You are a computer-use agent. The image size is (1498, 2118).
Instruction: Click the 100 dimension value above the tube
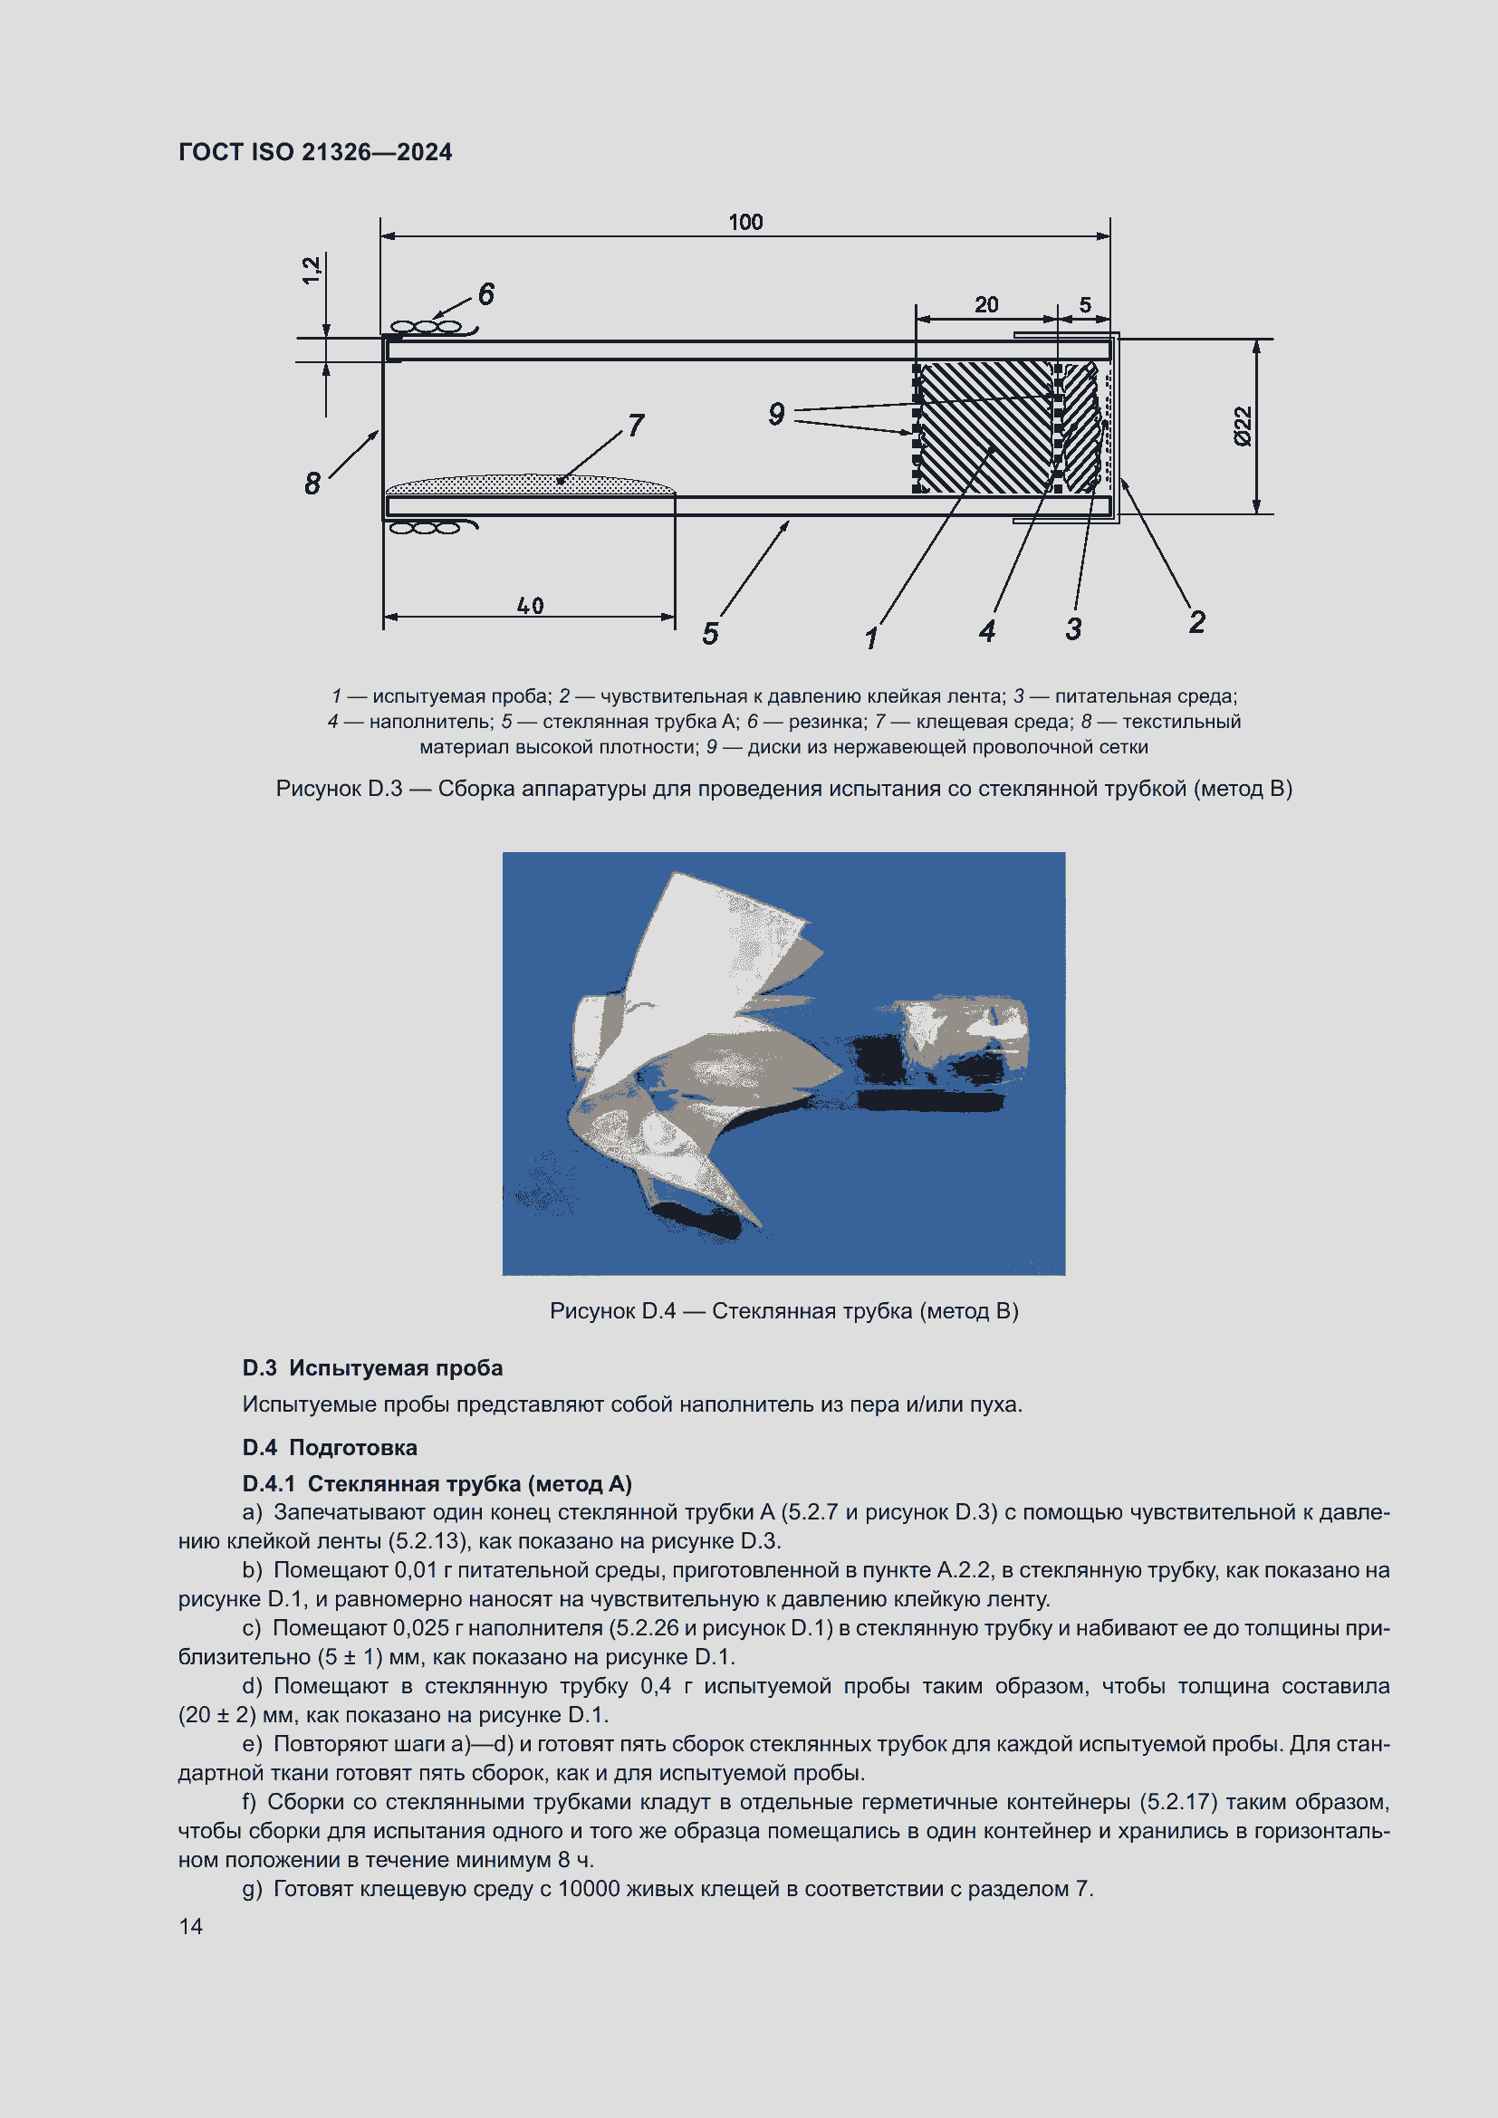point(745,223)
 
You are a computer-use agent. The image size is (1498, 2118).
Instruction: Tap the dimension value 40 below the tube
point(530,606)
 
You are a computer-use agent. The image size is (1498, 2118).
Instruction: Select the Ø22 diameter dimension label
point(1244,426)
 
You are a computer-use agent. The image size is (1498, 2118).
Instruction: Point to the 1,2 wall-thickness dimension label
point(312,269)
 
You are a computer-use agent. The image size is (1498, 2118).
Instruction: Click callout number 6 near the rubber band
point(486,294)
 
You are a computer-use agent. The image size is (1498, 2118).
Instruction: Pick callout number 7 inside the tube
point(636,426)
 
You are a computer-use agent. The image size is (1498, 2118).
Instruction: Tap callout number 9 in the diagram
point(777,414)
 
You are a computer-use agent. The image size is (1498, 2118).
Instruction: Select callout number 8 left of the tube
point(312,484)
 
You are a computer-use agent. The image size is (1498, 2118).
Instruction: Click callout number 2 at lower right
point(1196,622)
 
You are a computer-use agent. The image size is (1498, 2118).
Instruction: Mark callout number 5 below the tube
point(710,634)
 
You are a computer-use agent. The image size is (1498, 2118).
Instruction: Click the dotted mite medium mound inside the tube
point(531,484)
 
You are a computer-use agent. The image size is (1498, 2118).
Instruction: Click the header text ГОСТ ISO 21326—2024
point(314,152)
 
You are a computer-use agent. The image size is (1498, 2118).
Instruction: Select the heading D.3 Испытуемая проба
point(371,1368)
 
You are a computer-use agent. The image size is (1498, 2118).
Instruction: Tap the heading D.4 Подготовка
point(330,1447)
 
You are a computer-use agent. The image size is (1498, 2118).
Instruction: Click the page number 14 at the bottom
point(191,1926)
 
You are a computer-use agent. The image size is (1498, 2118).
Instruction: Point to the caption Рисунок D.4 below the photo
point(783,1311)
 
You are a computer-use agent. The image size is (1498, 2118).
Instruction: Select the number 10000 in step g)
point(589,1888)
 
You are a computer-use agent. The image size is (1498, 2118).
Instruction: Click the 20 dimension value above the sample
point(986,304)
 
